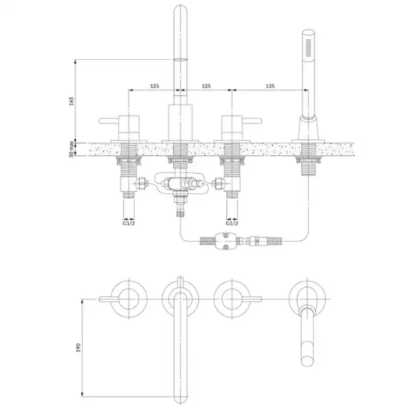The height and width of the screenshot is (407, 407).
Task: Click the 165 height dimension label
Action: tap(71, 101)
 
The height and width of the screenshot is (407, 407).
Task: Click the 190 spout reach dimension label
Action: tap(78, 348)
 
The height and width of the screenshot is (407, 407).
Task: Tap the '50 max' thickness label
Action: tap(71, 149)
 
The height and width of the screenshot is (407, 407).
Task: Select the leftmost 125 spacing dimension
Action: tap(155, 86)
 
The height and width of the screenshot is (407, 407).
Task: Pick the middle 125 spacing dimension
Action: tap(206, 86)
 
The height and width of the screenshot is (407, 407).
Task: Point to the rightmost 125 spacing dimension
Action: tap(270, 86)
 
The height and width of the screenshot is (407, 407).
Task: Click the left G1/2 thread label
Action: tap(129, 223)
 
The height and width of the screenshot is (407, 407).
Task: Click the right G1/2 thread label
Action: tap(232, 223)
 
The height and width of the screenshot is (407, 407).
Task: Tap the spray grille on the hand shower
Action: tap(309, 48)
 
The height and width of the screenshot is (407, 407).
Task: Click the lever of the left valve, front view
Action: tap(109, 121)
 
